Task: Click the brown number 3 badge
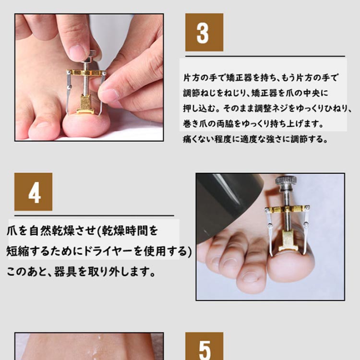pyautogui.click(x=204, y=32)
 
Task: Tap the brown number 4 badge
pyautogui.click(x=33, y=192)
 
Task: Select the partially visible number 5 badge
pyautogui.click(x=204, y=348)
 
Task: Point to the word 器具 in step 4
pyautogui.click(x=69, y=272)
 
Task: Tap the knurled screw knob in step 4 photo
pyautogui.click(x=286, y=181)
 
